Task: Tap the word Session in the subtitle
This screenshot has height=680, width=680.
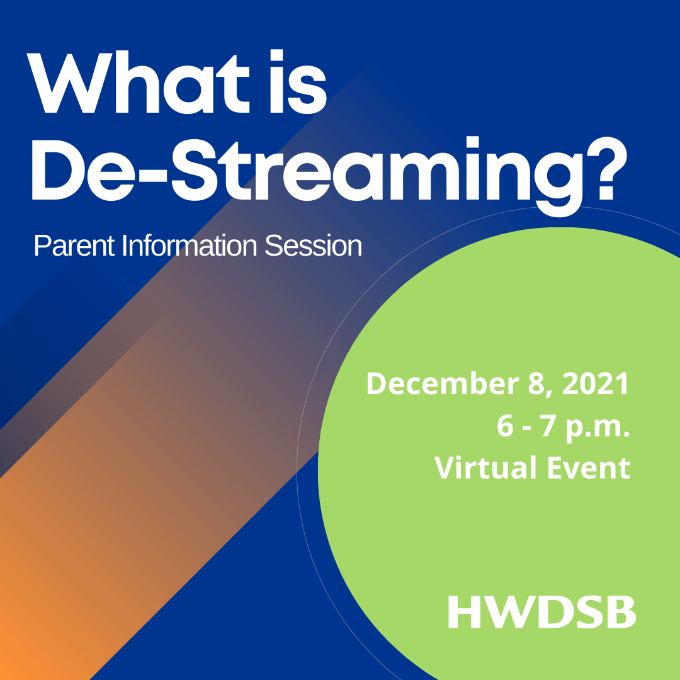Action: tap(313, 246)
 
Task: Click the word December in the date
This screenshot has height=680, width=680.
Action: tap(445, 385)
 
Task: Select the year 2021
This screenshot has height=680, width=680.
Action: tap(596, 385)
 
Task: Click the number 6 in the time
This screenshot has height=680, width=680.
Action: tap(505, 426)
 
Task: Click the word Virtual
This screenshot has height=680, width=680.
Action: tap(485, 468)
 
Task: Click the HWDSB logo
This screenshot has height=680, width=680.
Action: tap(541, 612)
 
